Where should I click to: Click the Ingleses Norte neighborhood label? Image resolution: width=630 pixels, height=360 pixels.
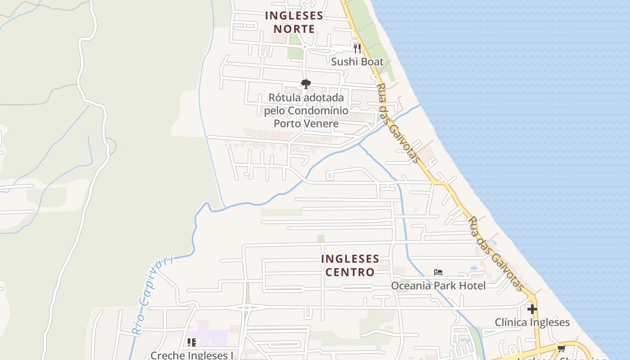[294, 22]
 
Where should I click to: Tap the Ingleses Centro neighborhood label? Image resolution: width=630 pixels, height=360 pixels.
[350, 265]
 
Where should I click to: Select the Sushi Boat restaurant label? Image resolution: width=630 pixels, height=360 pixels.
[357, 62]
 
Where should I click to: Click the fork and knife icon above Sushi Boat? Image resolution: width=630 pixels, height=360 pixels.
[357, 48]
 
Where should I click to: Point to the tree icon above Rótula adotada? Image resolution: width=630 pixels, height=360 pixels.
[306, 84]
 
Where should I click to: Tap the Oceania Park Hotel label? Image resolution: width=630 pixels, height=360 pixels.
[438, 286]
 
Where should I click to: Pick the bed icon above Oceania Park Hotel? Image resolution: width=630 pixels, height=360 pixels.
[438, 272]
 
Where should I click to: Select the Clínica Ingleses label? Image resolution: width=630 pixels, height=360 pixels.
[532, 322]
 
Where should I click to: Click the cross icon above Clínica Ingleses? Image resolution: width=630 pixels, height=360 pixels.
[532, 309]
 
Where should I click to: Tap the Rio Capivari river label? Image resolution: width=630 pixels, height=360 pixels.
[153, 295]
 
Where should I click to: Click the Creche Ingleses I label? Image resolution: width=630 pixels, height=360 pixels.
[192, 355]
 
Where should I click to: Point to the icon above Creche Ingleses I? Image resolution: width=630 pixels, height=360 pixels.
[192, 342]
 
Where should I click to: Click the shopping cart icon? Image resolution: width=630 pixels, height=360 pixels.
[561, 348]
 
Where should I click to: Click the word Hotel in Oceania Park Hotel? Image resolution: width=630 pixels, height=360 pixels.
[471, 286]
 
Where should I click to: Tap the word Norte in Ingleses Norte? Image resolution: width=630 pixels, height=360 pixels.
[294, 29]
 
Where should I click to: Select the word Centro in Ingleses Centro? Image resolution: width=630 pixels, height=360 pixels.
[350, 272]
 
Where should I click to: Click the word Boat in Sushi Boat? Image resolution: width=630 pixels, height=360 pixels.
[372, 62]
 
